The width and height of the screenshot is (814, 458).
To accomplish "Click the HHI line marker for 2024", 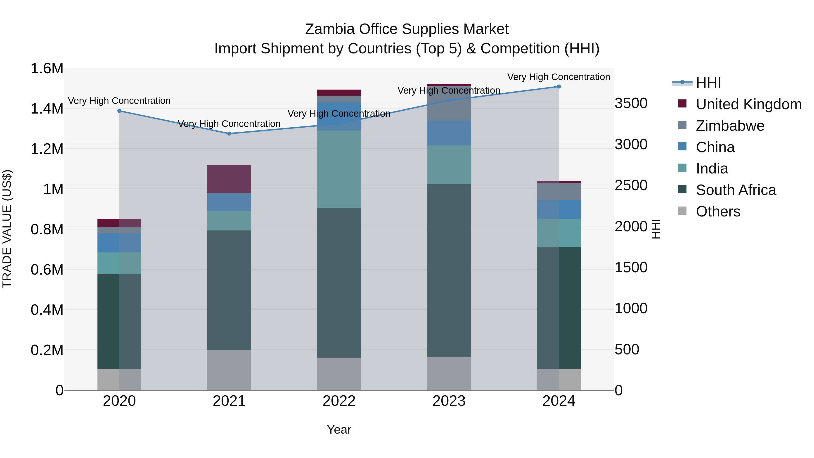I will click(559, 87).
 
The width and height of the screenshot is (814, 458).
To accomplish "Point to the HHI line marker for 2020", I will click(119, 111).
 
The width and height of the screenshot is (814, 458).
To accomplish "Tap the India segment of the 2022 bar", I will click(339, 169).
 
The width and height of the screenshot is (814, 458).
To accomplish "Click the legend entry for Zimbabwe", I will click(730, 126).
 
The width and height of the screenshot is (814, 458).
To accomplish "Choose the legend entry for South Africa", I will click(736, 190).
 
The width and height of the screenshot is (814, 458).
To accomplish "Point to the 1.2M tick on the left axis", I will click(47, 149).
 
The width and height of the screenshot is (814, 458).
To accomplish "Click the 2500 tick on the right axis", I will click(631, 185).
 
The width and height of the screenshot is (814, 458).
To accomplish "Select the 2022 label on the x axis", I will click(339, 401).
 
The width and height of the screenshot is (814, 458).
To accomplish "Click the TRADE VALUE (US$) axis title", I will click(7, 229).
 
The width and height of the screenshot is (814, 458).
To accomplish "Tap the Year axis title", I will click(339, 430).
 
